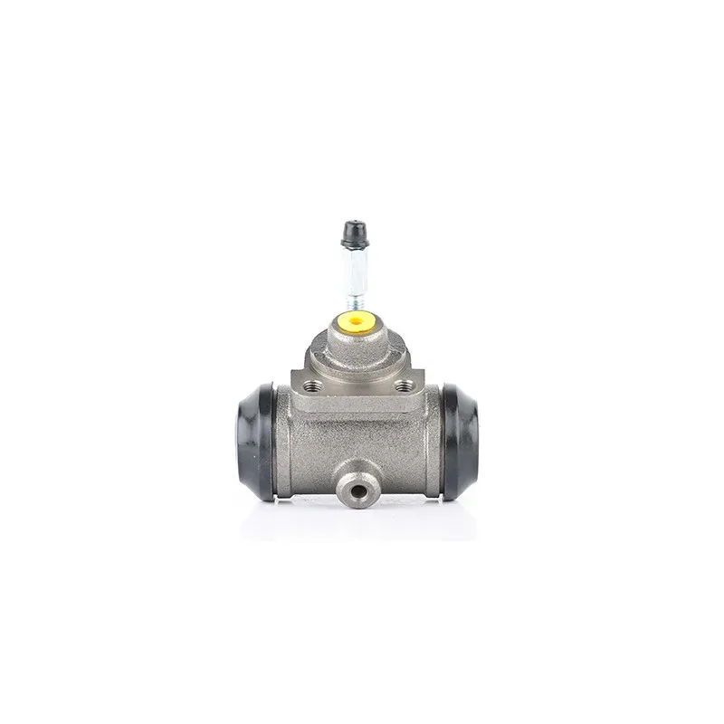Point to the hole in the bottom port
pyautogui.click(x=357, y=493)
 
